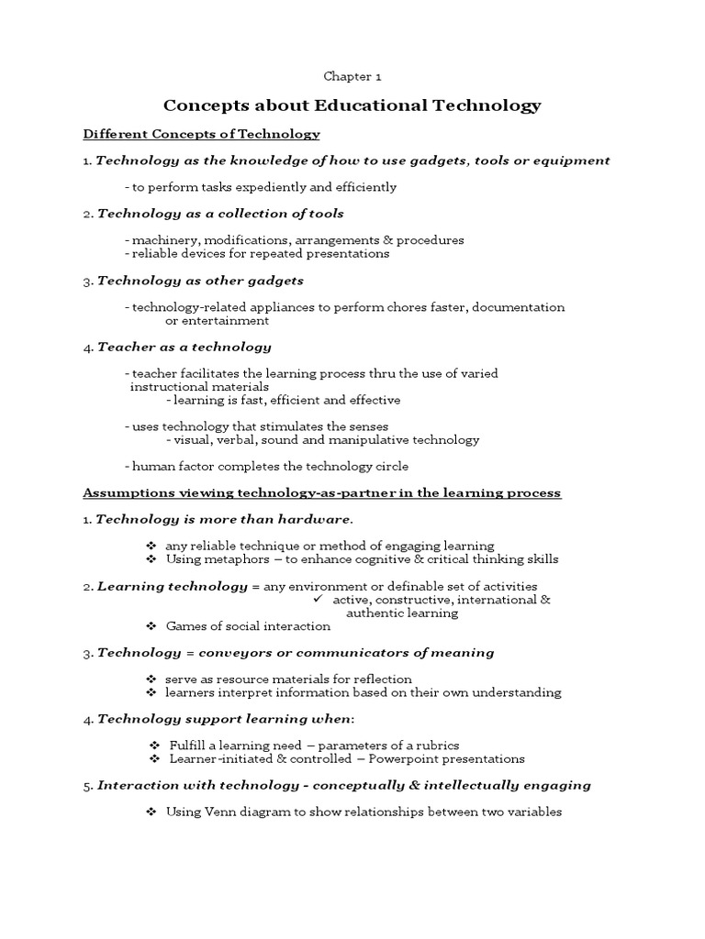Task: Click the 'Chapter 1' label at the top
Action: [352, 79]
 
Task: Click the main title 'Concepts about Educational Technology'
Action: [352, 105]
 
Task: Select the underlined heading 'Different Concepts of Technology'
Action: [201, 135]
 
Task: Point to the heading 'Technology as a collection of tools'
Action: [220, 214]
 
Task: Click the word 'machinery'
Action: [162, 240]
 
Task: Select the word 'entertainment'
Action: [218, 321]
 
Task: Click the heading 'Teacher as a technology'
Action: [184, 348]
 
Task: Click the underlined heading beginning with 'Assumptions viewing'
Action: [321, 493]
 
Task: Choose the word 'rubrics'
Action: [437, 746]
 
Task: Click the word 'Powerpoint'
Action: [378, 759]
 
